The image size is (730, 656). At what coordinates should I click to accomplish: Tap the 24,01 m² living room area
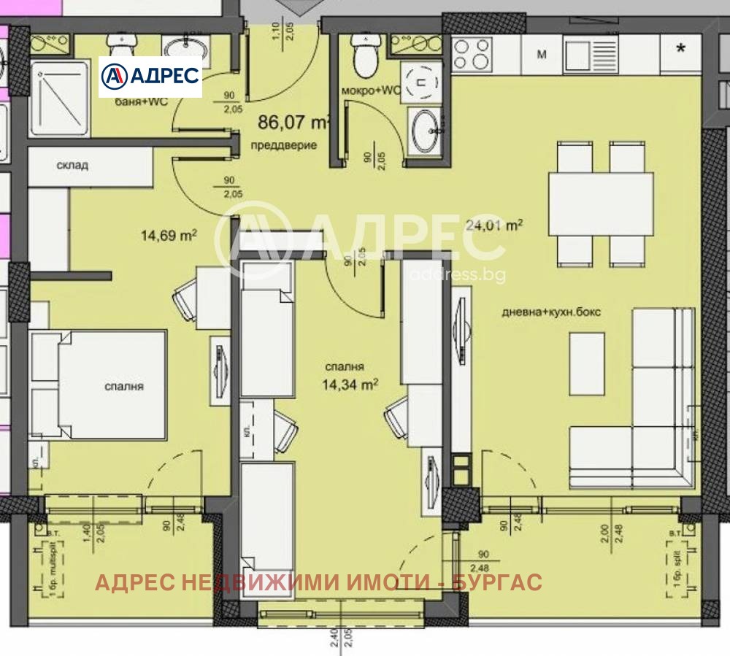click(x=494, y=225)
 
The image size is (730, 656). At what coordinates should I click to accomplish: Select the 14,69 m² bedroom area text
click(x=169, y=235)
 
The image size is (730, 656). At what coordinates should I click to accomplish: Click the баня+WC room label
click(x=142, y=101)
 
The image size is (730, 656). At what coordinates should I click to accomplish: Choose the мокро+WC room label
click(x=372, y=90)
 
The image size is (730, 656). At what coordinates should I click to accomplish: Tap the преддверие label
click(x=284, y=144)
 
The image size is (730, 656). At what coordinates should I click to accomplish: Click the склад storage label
click(x=72, y=165)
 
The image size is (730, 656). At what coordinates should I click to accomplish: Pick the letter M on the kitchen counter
click(x=542, y=53)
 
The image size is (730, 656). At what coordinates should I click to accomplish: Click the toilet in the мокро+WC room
click(x=363, y=57)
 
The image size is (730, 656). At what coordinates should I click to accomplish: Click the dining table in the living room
click(x=601, y=203)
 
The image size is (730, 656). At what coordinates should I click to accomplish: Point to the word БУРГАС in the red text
click(x=497, y=582)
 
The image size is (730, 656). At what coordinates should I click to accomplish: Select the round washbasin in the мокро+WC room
click(x=424, y=131)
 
